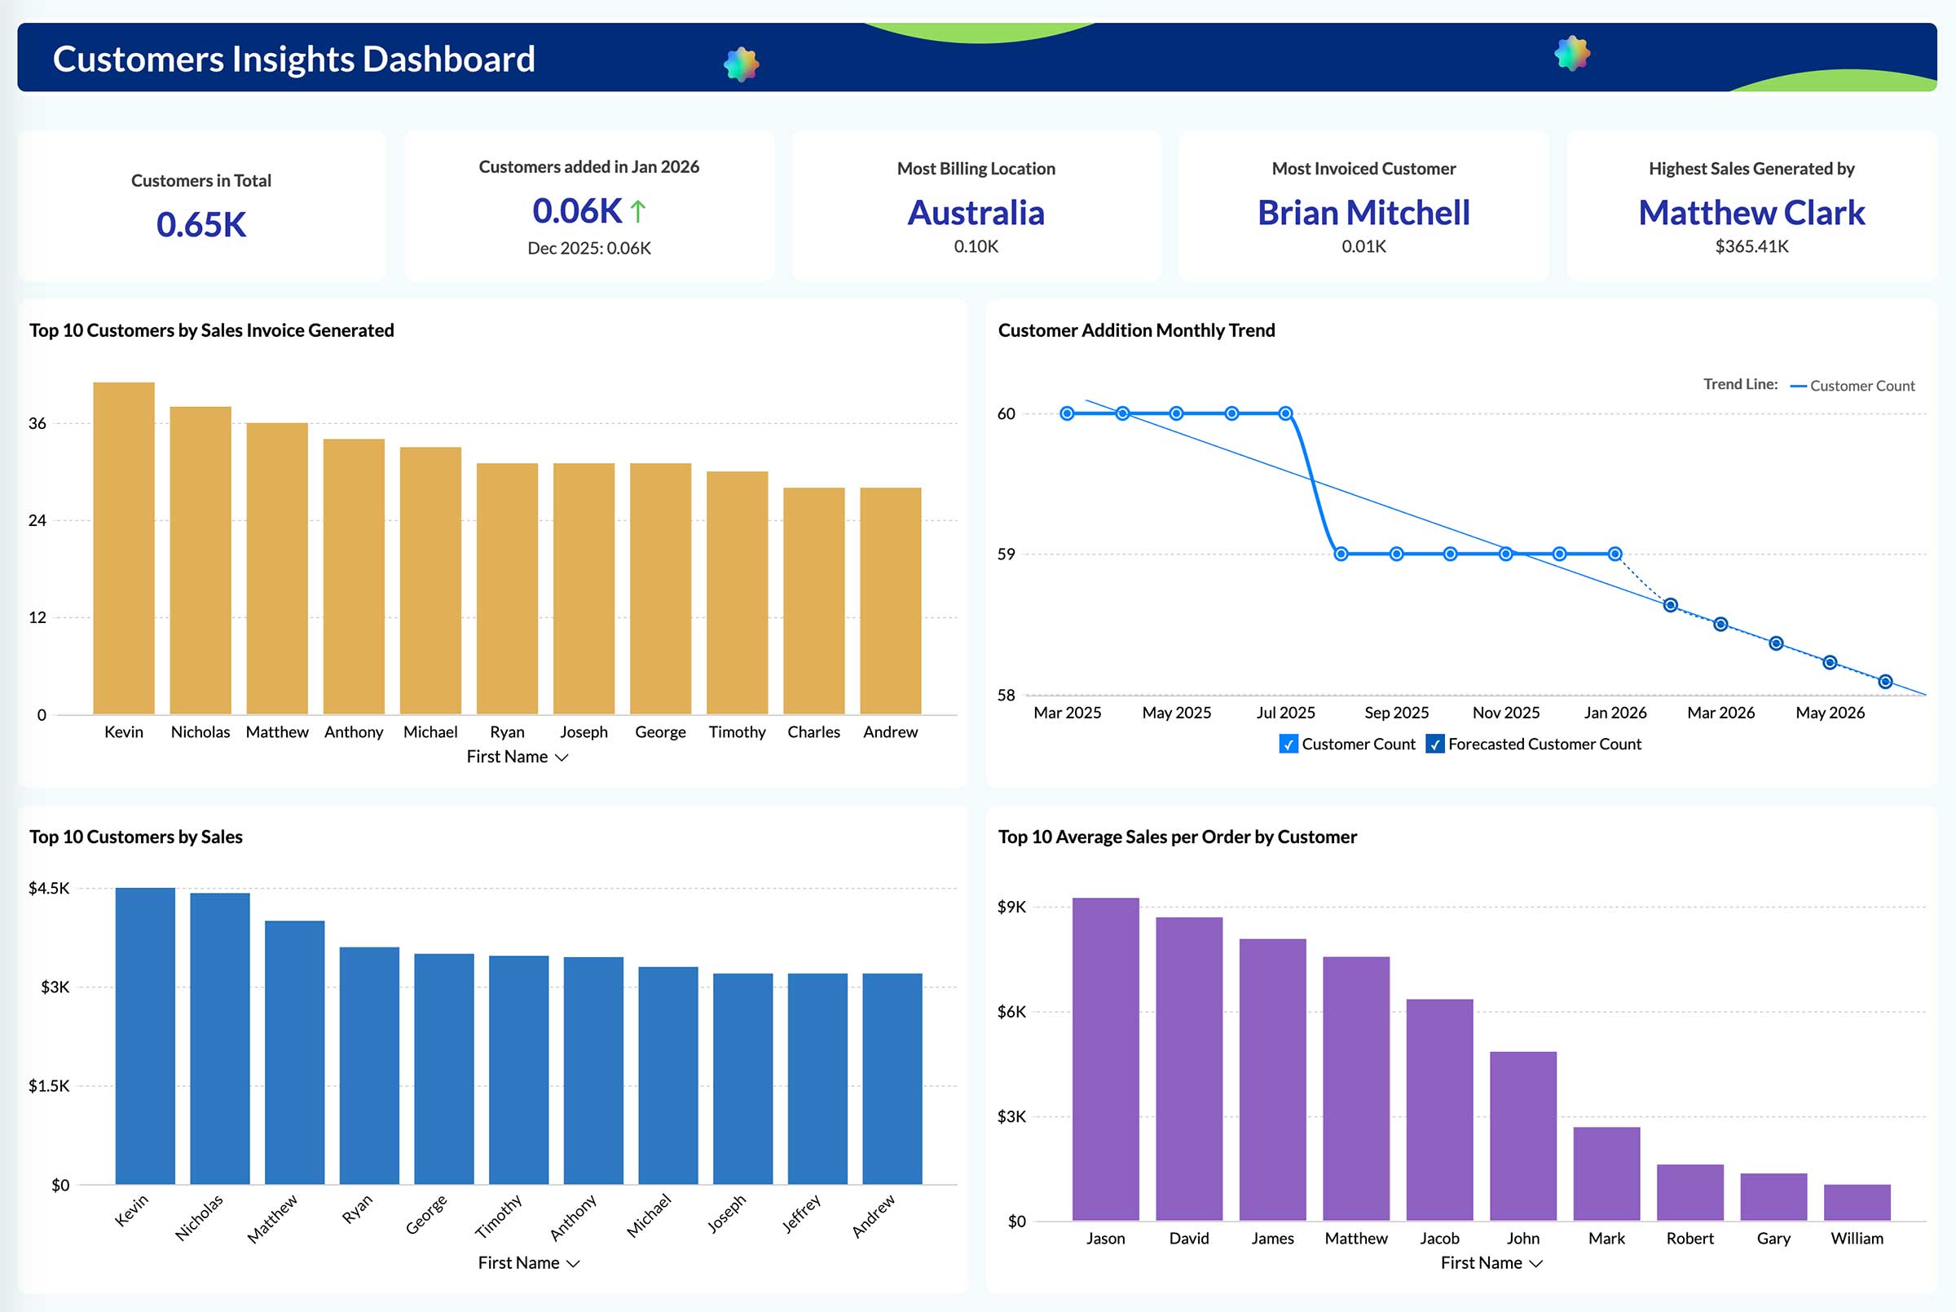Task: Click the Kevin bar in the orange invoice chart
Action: tap(124, 548)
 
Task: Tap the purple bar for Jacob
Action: tap(1439, 1110)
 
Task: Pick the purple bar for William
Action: tap(1857, 1203)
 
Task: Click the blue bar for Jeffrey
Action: tap(817, 1079)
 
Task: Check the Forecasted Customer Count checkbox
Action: tap(1435, 744)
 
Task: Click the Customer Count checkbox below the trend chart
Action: tap(1288, 744)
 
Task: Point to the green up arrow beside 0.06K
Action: tap(638, 211)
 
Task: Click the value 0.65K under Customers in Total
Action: tap(201, 224)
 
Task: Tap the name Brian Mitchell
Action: tap(1363, 213)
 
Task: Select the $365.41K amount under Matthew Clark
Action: tap(1751, 247)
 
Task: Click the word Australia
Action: tap(976, 213)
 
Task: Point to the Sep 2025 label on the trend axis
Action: tap(1396, 713)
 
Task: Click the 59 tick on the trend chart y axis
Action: tap(1006, 554)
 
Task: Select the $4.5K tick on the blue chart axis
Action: tap(50, 888)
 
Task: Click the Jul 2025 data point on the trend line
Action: tap(1286, 413)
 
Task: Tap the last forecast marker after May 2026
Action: tap(1885, 682)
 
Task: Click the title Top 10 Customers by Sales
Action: tap(136, 837)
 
